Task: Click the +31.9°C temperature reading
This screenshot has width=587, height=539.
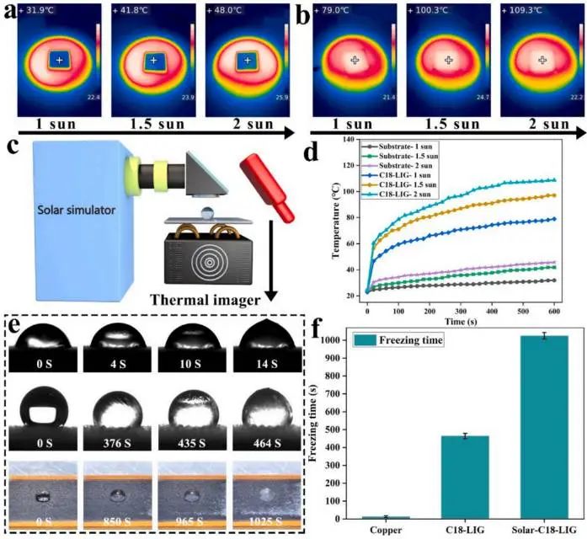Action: (41, 12)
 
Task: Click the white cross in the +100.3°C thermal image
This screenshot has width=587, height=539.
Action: (449, 61)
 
